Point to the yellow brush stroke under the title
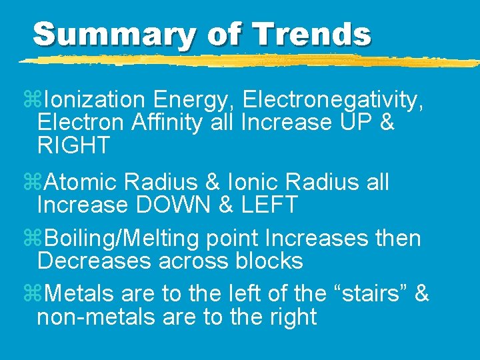247,61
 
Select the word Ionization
94,100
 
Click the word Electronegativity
333,100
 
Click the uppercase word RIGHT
73,145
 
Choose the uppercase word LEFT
269,205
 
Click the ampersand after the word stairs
421,294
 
